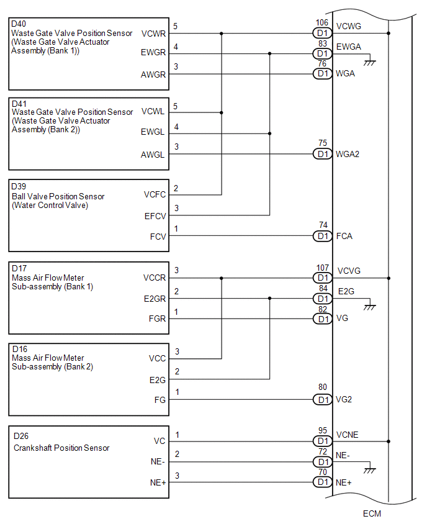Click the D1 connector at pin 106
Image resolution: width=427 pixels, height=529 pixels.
(321, 33)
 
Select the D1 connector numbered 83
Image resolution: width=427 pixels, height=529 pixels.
(321, 53)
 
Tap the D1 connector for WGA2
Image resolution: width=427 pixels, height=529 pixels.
(321, 154)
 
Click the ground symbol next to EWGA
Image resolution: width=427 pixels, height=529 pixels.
(371, 61)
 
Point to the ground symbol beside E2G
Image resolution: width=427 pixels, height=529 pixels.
(371, 307)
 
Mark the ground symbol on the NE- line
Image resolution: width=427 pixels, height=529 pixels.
(371, 470)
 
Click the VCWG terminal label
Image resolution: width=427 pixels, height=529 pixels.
(348, 27)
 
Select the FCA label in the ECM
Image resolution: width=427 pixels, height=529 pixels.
(344, 236)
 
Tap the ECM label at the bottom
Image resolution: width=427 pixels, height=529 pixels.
(372, 513)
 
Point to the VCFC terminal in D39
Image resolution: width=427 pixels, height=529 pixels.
(154, 194)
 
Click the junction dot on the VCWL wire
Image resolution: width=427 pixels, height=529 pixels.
(222, 112)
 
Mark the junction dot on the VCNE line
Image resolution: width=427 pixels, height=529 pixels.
(389, 441)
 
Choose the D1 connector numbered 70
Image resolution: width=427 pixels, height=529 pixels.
(321, 482)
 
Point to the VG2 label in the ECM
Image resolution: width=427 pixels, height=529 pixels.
(344, 400)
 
